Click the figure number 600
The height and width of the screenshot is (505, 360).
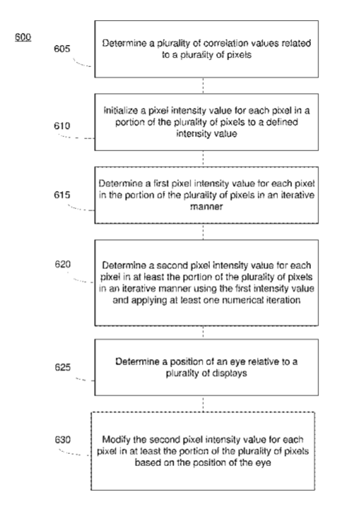pos(23,37)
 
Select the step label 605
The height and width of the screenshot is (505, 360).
pos(62,48)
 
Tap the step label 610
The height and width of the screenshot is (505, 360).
pos(62,126)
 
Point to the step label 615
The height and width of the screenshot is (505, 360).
pos(62,195)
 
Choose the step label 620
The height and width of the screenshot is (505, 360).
pos(63,264)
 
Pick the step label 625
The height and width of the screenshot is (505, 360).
pos(63,367)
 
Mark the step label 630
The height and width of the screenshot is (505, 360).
pos(63,440)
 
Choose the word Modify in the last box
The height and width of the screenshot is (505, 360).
pos(114,440)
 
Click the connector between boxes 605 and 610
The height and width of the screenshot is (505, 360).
pos(203,85)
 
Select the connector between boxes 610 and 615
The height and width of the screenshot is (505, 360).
pos(203,159)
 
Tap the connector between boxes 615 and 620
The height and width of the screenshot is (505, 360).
pos(203,231)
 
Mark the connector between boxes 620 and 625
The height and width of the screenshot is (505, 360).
pos(203,332)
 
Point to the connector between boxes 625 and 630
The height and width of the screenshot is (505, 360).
pos(203,403)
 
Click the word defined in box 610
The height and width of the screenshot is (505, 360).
pos(282,122)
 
